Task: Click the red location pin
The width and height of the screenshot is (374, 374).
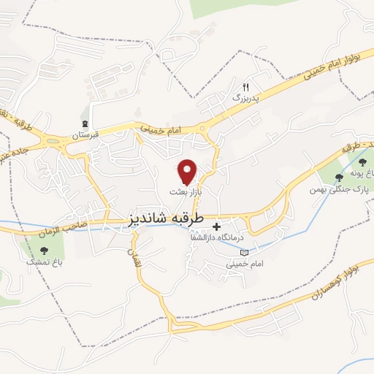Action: coord(188,172)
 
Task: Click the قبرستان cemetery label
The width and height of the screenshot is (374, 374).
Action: coord(85,135)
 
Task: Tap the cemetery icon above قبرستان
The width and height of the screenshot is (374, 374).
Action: coord(87,123)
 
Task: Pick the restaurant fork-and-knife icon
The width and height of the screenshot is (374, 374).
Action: coord(246,86)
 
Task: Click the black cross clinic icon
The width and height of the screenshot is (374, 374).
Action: coord(216,227)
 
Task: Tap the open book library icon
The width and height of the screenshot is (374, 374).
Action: coord(244,253)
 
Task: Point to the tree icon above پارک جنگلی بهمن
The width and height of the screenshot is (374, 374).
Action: coord(337,177)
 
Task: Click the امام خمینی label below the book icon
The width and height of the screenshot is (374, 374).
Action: coord(244,264)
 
